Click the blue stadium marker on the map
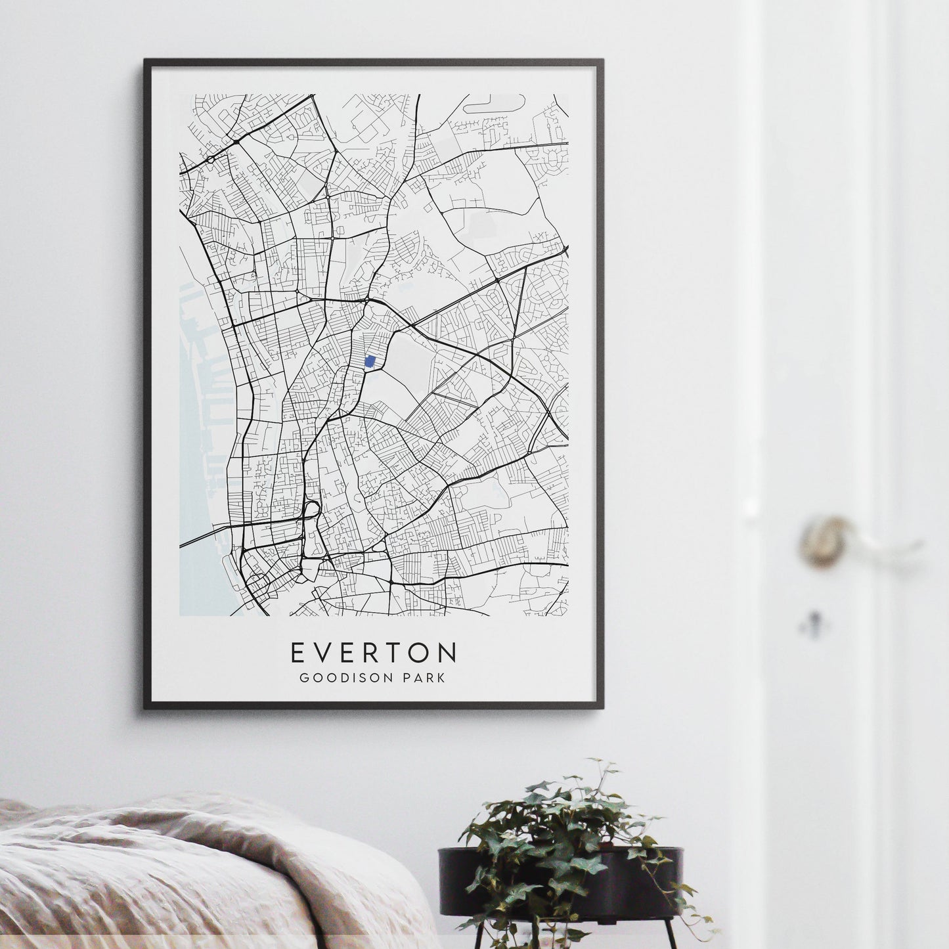[x=370, y=363]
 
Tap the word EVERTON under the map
[x=373, y=653]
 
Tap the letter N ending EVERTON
[x=449, y=653]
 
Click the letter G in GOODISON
[x=304, y=678]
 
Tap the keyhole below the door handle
[x=814, y=621]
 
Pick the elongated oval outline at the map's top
[x=494, y=102]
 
